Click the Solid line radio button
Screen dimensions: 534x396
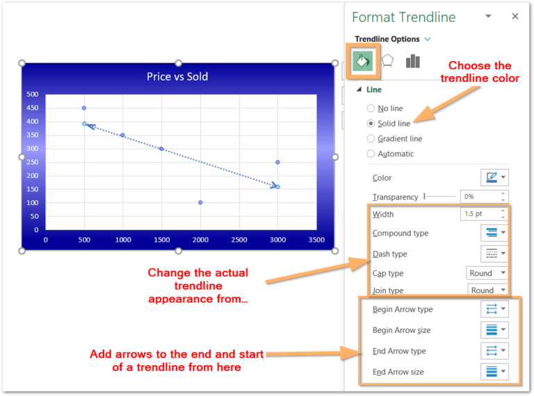coord(371,124)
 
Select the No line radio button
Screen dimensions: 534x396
coord(371,108)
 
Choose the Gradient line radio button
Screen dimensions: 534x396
coord(371,138)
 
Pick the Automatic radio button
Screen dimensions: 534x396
coord(371,154)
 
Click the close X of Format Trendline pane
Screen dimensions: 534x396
coord(515,17)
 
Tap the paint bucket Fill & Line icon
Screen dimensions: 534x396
coord(362,61)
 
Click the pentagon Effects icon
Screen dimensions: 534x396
coord(387,61)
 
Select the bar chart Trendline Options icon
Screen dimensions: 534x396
coord(413,61)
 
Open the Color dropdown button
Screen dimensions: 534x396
coord(494,178)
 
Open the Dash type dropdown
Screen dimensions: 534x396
coord(494,254)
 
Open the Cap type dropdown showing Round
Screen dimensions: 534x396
coord(487,273)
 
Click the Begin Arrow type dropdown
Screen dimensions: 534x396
coord(494,309)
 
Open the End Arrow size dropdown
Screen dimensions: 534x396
coord(494,372)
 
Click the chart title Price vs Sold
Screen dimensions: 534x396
coord(177,76)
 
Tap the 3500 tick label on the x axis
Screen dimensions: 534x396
coord(316,240)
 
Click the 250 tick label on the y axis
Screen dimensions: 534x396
coord(33,162)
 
